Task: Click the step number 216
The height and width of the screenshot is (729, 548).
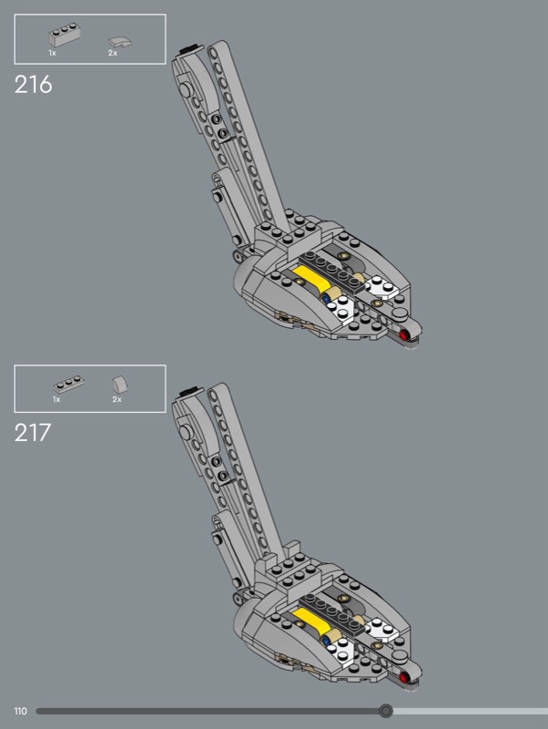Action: pyautogui.click(x=34, y=85)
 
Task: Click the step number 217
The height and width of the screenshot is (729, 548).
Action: pyautogui.click(x=33, y=431)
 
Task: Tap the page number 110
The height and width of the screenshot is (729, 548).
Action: pyautogui.click(x=20, y=711)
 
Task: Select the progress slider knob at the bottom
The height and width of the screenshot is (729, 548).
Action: pyautogui.click(x=386, y=711)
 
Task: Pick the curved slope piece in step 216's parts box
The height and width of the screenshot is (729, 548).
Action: pyautogui.click(x=118, y=40)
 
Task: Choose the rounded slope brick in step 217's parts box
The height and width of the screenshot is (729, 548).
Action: pyautogui.click(x=118, y=385)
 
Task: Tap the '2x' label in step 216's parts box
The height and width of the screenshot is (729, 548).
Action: pyautogui.click(x=113, y=54)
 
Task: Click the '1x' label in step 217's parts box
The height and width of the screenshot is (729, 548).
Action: pyautogui.click(x=56, y=400)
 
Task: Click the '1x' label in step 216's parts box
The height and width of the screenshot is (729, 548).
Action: pyautogui.click(x=52, y=54)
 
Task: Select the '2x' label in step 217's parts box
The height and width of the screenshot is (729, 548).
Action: pyautogui.click(x=117, y=400)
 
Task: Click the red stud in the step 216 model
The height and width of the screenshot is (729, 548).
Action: pyautogui.click(x=404, y=336)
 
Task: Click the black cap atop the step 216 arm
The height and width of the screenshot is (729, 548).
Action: pyautogui.click(x=188, y=48)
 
